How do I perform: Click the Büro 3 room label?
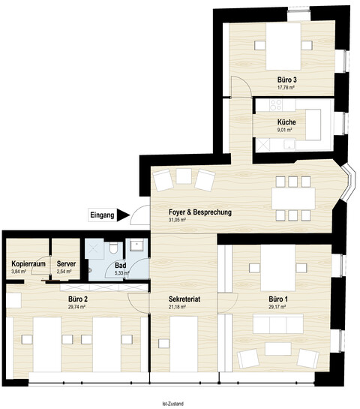click(287, 80)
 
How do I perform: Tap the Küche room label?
click(286, 122)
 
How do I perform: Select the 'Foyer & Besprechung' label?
click(200, 212)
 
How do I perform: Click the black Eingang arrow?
click(123, 215)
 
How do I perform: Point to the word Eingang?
click(102, 215)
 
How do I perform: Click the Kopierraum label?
click(28, 263)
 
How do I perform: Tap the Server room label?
click(66, 263)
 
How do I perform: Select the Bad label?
click(121, 266)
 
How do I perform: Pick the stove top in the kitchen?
click(276, 105)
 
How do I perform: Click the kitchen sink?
click(289, 144)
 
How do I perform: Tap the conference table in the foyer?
click(293, 198)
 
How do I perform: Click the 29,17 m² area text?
click(277, 307)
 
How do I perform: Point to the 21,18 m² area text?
click(177, 307)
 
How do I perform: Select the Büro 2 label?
click(77, 299)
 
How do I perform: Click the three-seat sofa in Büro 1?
click(278, 323)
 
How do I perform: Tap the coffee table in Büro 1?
click(278, 349)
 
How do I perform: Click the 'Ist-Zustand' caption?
click(172, 404)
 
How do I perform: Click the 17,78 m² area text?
click(286, 88)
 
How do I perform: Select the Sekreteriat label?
click(184, 299)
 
